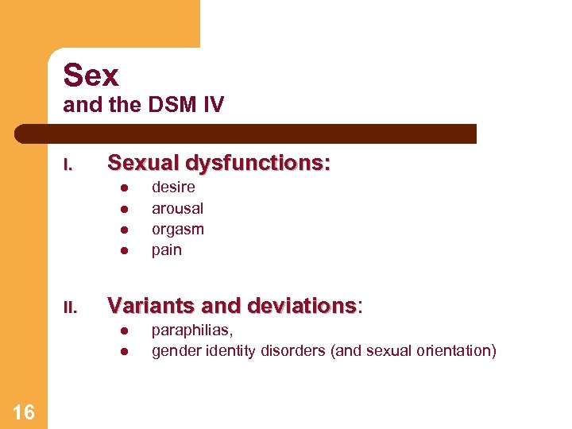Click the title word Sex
(x=91, y=75)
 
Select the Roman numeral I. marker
(x=68, y=165)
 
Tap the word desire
(x=173, y=187)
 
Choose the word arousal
(x=177, y=208)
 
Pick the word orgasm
(x=178, y=230)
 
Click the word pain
(x=167, y=250)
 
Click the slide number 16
(x=24, y=412)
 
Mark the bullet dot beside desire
(x=124, y=188)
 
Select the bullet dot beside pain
(x=124, y=251)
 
